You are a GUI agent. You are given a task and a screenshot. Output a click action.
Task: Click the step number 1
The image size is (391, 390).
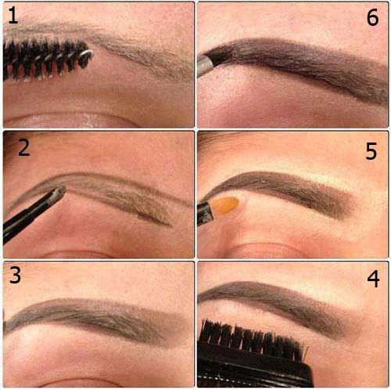click(x=13, y=16)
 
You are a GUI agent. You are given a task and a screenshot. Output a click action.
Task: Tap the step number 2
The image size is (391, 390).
click(x=24, y=147)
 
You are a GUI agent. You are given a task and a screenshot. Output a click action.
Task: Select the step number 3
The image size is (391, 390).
click(x=15, y=275)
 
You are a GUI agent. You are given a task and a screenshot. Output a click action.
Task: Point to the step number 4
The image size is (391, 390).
click(x=373, y=279)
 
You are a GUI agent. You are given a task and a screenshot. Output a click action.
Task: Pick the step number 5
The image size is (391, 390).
click(x=371, y=151)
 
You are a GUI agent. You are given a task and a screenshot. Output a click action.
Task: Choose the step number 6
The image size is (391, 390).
click(x=372, y=17)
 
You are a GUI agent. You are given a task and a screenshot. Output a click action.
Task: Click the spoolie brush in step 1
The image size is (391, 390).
click(x=47, y=59)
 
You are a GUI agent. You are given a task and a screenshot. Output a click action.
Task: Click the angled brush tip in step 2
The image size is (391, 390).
click(x=59, y=193)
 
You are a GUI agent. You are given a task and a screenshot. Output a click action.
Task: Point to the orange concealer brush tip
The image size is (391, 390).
click(x=225, y=206)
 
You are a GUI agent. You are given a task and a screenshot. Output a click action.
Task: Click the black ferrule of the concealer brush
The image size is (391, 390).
click(x=206, y=214)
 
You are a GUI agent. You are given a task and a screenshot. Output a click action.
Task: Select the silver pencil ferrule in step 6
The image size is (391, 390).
click(x=205, y=65)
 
